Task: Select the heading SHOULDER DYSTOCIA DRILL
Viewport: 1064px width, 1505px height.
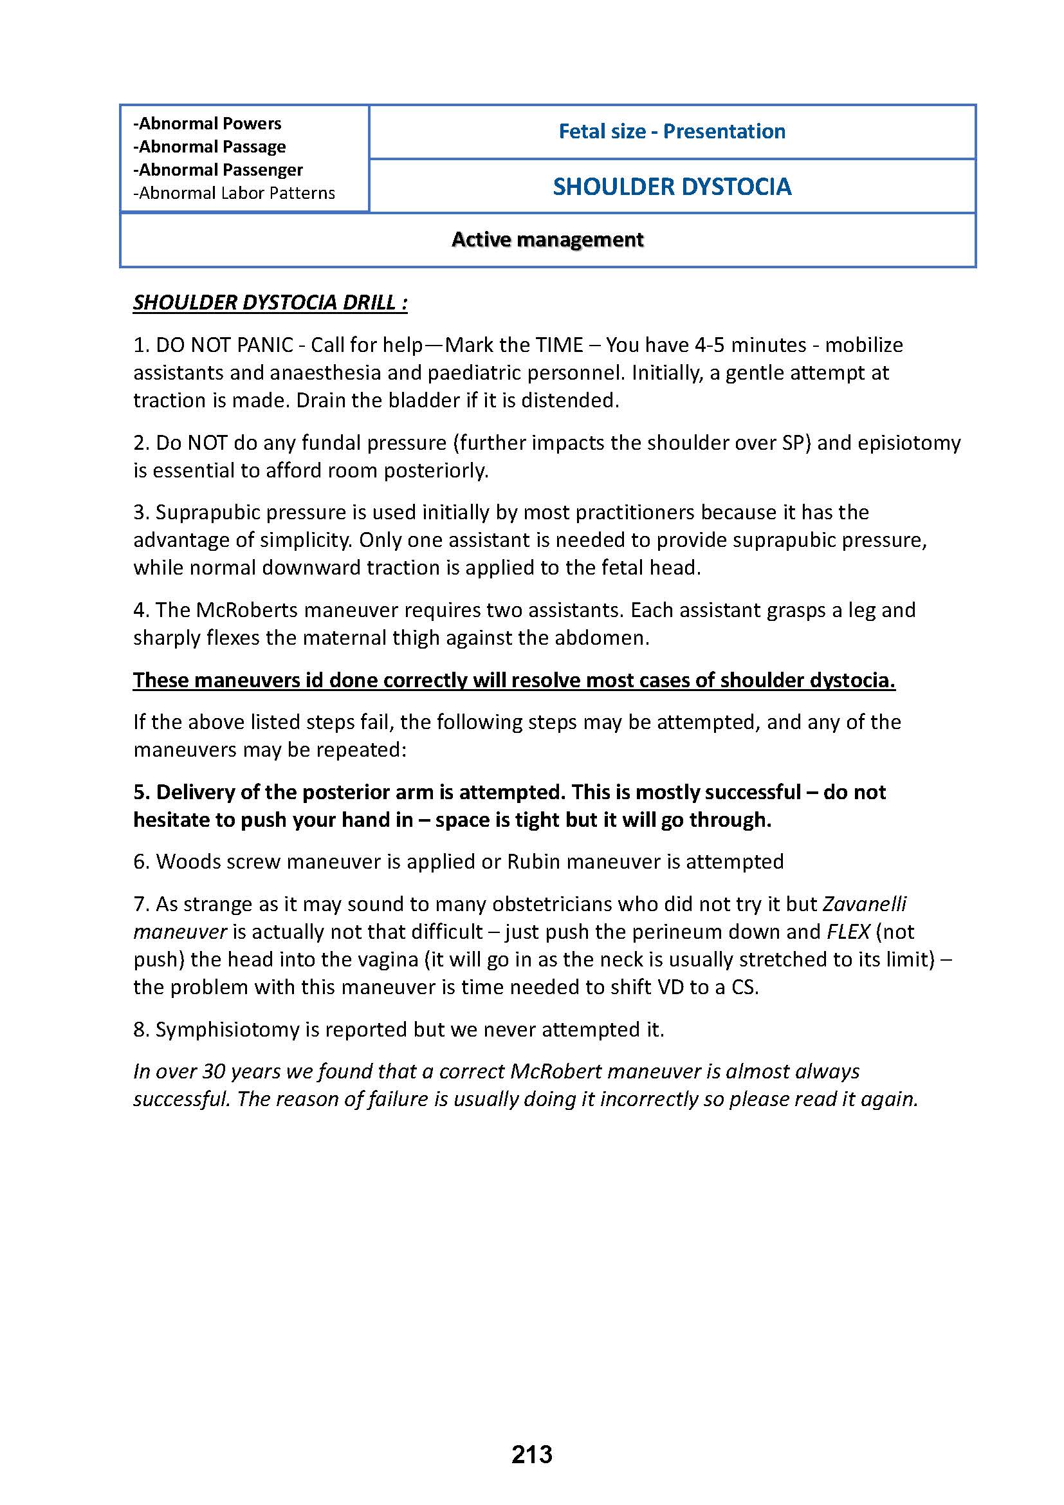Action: tap(270, 303)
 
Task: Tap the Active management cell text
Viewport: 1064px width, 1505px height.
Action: tap(547, 240)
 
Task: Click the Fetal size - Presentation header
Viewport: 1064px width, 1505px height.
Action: tap(672, 131)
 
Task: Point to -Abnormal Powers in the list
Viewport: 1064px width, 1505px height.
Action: tap(207, 124)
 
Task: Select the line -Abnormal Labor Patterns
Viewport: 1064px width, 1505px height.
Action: tap(234, 193)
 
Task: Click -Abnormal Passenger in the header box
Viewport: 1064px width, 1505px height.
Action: tap(218, 170)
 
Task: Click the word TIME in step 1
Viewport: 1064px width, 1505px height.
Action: tap(558, 345)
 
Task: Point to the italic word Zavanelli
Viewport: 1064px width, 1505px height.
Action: tap(864, 904)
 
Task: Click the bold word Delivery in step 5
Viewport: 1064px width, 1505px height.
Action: tap(197, 792)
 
